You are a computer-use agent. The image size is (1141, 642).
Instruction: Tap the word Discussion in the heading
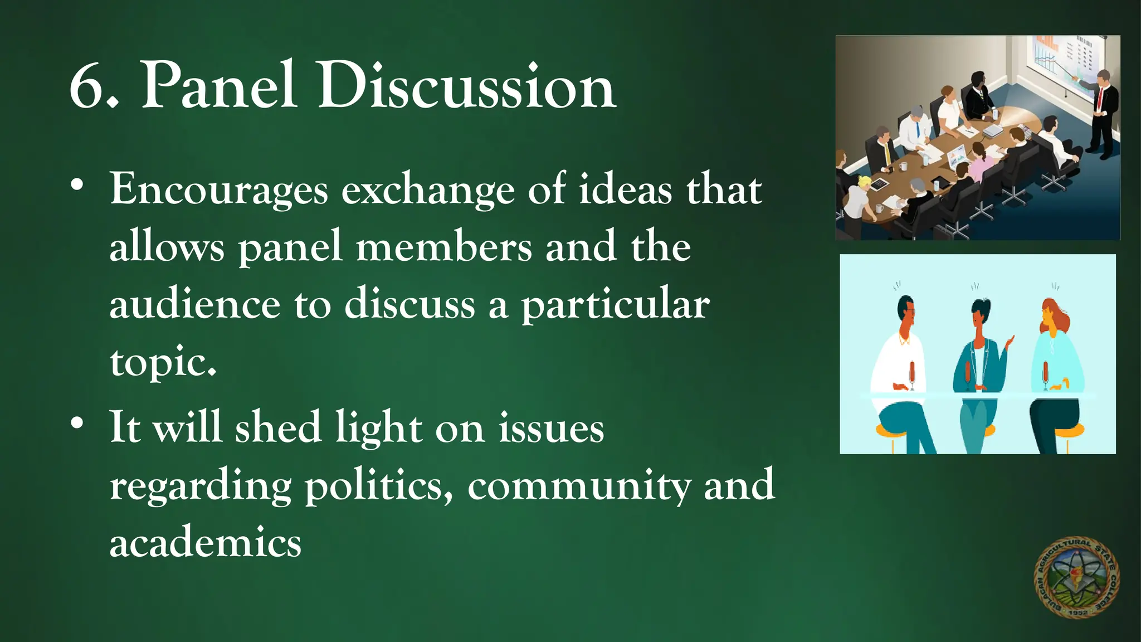[x=467, y=87]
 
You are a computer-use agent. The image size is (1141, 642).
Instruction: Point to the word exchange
[x=427, y=191]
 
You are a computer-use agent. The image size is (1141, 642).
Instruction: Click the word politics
[x=378, y=486]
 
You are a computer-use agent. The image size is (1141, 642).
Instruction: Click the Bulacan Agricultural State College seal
[x=1076, y=577]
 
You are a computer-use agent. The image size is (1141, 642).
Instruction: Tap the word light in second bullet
[x=378, y=428]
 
